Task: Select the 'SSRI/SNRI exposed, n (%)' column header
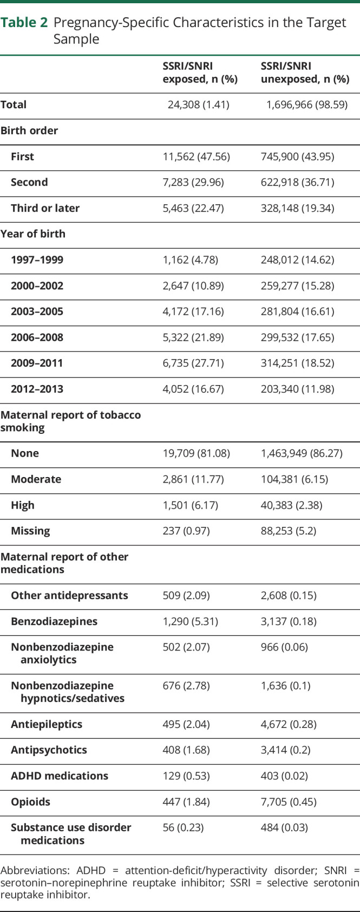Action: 193,73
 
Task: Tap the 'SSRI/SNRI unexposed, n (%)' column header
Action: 305,73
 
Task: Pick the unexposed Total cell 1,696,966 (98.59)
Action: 306,105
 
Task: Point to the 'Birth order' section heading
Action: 29,131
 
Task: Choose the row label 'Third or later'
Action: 45,208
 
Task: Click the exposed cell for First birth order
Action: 196,157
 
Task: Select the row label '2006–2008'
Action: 37,337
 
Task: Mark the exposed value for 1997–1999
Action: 190,259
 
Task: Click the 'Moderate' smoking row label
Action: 36,479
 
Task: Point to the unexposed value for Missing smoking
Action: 287,531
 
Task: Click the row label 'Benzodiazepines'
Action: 54,621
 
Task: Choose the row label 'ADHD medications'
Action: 60,776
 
